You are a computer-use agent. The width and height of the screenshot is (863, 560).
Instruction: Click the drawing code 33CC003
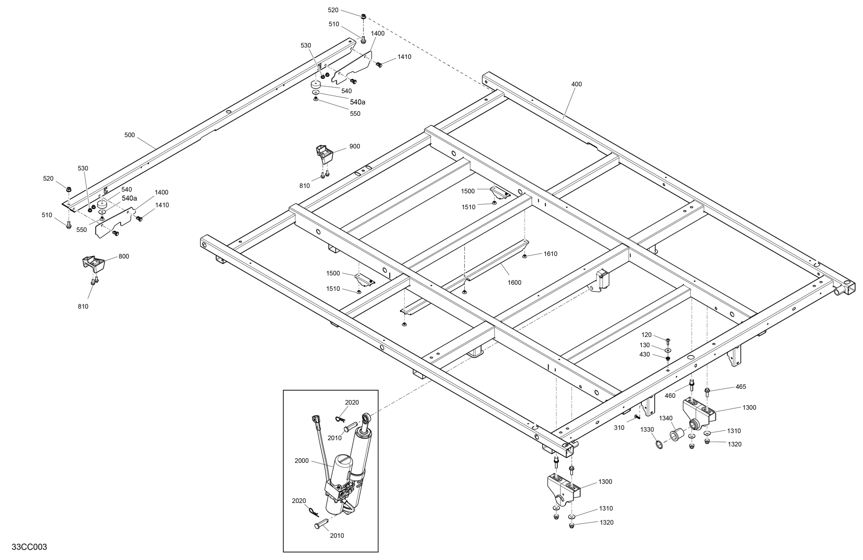(x=29, y=547)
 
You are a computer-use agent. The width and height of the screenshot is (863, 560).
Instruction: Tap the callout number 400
(x=576, y=84)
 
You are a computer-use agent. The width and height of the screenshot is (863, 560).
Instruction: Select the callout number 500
(x=129, y=135)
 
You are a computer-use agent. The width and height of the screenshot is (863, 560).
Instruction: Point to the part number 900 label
(x=355, y=146)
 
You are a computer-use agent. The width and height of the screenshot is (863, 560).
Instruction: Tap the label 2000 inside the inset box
(x=302, y=461)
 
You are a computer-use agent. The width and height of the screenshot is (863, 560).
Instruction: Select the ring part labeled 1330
(x=659, y=444)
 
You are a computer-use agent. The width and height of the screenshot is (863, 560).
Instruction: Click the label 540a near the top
(x=358, y=102)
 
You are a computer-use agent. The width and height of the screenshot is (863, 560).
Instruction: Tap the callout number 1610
(x=550, y=254)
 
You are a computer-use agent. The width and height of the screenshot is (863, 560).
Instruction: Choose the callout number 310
(x=619, y=428)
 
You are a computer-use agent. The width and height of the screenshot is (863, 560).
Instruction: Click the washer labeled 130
(x=668, y=350)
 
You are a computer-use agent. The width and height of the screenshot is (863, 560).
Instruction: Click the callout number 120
(x=646, y=335)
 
